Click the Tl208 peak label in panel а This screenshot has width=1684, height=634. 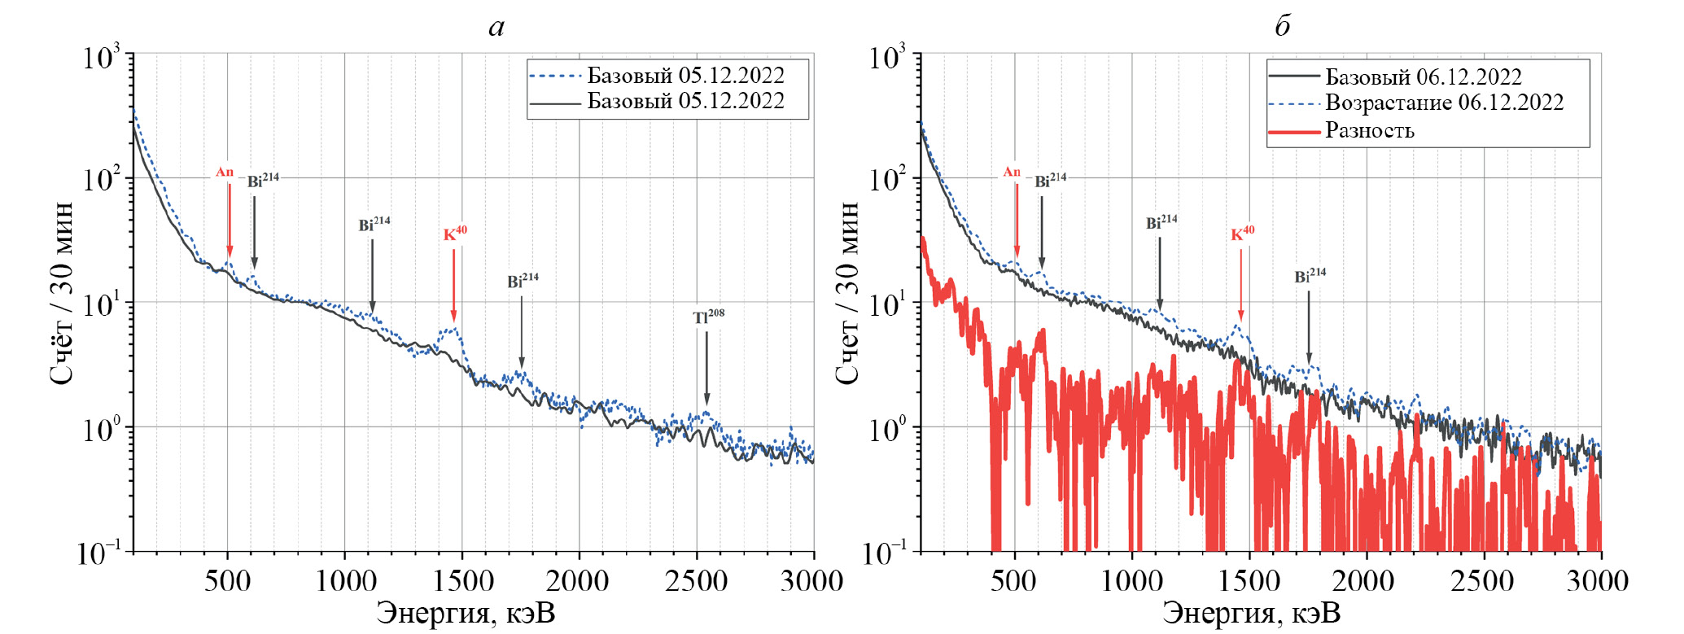pos(708,317)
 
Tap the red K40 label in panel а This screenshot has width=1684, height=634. pos(455,234)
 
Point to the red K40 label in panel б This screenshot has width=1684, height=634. pos(1242,234)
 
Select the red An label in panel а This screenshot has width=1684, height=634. pos(225,172)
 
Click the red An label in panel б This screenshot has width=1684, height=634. pos(1012,172)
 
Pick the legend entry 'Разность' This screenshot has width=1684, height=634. pos(1369,130)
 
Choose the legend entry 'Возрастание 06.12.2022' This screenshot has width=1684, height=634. pos(1444,103)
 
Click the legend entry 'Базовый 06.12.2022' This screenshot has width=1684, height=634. pos(1423,77)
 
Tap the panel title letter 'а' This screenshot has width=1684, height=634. pos(496,27)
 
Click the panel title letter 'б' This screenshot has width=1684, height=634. pos(1282,26)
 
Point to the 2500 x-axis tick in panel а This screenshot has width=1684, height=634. pos(696,580)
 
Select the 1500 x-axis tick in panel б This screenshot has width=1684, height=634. pos(1249,580)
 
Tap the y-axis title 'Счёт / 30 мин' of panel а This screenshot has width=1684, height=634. pos(62,293)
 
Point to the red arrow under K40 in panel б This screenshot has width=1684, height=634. pos(1241,285)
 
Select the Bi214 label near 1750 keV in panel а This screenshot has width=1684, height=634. pos(523,281)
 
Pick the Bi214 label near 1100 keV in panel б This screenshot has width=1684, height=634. pos(1161,222)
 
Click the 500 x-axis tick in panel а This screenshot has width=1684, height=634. pos(227,580)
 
